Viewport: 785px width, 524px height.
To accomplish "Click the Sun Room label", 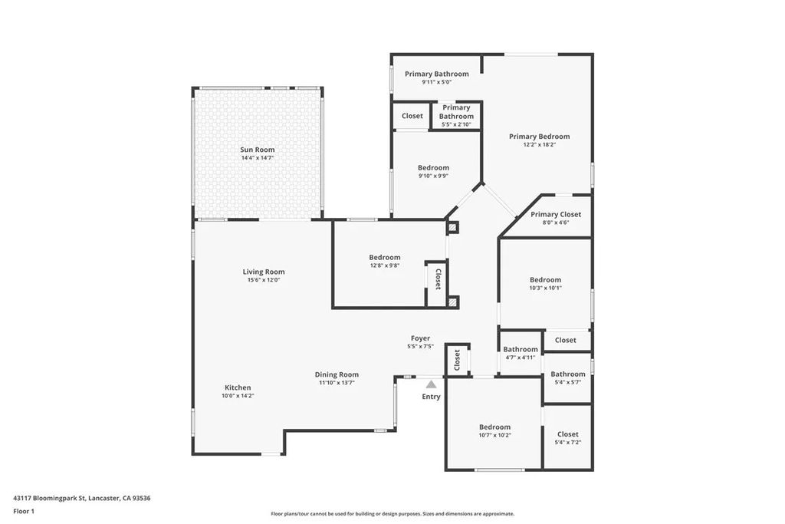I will (257, 150).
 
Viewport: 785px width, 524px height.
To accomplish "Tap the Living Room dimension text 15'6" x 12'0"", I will (264, 280).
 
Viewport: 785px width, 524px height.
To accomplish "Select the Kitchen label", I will (238, 387).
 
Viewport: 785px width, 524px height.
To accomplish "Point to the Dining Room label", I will (338, 374).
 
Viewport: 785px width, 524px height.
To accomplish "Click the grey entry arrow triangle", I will (432, 384).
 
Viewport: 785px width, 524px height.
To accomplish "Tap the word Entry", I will (432, 397).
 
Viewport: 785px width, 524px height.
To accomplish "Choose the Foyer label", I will (420, 338).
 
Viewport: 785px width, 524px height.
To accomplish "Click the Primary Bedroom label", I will (539, 137).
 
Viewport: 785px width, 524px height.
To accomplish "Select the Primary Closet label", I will (556, 215).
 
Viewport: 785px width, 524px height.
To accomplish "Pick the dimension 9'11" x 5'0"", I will (436, 82).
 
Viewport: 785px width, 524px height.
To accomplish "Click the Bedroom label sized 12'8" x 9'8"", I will (384, 258).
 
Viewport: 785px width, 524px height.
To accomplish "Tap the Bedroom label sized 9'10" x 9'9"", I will (433, 168).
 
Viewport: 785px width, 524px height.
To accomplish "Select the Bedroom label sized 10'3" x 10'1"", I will (545, 280).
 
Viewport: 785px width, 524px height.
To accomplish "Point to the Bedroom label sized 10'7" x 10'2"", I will (494, 427).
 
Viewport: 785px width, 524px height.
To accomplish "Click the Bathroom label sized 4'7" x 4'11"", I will (521, 349).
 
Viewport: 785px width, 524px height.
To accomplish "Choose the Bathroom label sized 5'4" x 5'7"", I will (567, 374).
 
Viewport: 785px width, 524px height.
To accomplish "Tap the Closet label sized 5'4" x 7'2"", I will (568, 434).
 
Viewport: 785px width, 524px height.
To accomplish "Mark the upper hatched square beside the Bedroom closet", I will (452, 228).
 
